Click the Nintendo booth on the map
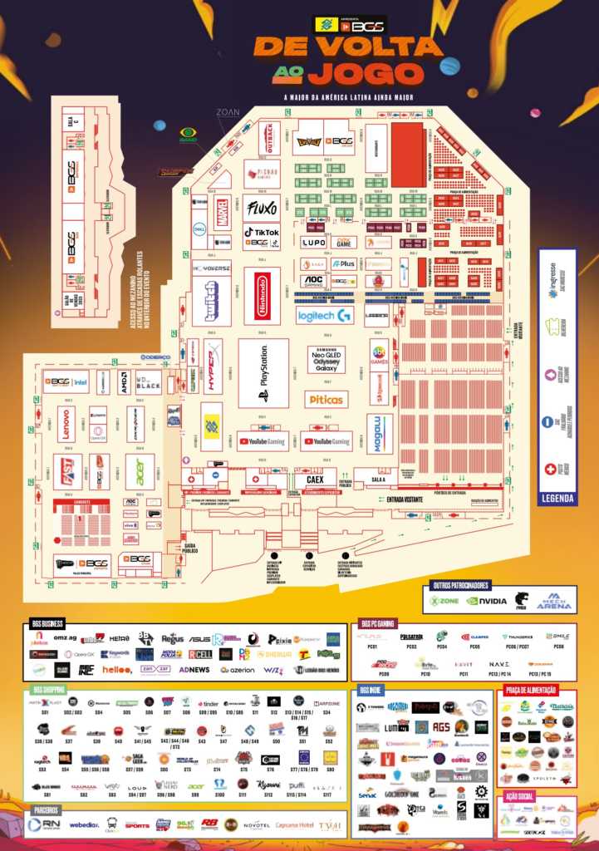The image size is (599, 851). [263, 295]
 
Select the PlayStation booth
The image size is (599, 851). [263, 373]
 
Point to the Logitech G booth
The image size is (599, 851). [324, 315]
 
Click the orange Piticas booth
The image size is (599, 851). [326, 400]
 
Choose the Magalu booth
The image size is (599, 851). [381, 434]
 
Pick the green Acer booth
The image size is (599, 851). [139, 470]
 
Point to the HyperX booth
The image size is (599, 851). [213, 365]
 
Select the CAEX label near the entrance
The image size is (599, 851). [315, 480]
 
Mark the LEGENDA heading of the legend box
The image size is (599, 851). [557, 499]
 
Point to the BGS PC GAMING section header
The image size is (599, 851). [381, 622]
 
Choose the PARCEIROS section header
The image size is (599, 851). [47, 809]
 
